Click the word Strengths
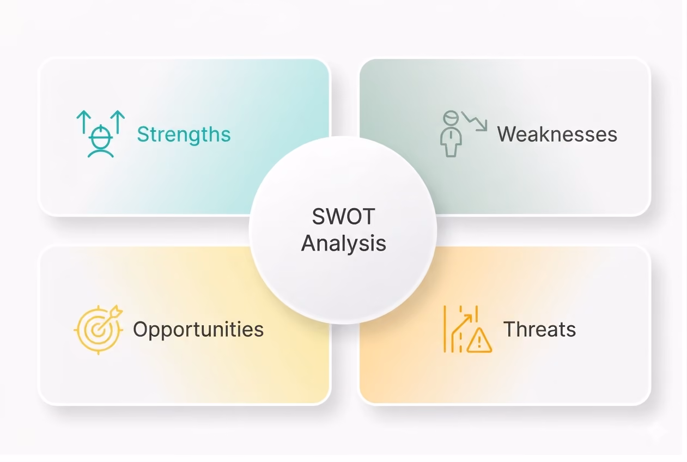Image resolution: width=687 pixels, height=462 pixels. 184,135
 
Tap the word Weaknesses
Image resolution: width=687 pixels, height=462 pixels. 557,135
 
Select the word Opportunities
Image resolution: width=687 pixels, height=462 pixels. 198,330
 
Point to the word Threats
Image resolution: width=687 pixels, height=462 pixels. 539,329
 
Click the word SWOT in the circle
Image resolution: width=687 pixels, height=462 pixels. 343,217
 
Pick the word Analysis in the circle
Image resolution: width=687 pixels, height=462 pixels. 343,244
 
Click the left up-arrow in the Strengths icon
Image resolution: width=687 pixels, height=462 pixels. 83,122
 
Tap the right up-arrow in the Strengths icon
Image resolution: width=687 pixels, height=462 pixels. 118,122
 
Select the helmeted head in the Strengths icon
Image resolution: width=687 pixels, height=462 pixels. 101,136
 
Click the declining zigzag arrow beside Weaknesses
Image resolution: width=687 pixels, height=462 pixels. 475,121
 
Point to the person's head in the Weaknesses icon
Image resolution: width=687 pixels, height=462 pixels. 451,118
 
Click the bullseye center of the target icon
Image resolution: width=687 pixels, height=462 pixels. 98,330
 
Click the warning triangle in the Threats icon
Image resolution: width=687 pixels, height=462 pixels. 479,341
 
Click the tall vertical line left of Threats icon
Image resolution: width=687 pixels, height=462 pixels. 445,329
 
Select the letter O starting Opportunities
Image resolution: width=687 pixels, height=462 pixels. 141,329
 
